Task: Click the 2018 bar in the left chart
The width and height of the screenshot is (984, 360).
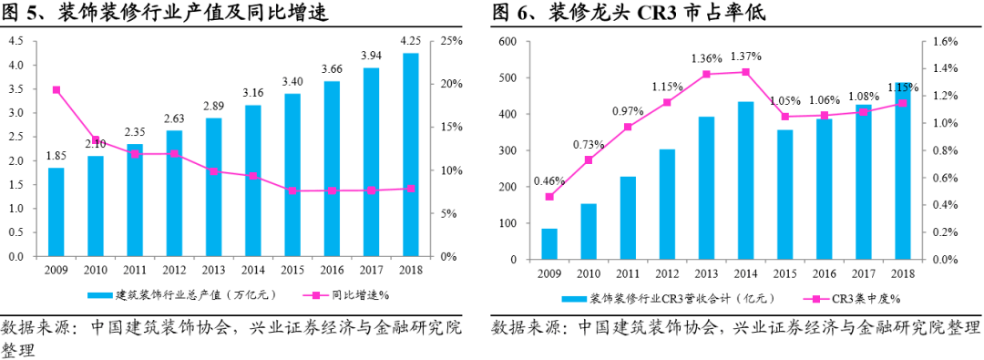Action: [x=410, y=155]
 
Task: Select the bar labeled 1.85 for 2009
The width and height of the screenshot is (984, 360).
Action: [x=56, y=211]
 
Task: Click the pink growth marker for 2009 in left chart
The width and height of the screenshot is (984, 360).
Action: [x=56, y=90]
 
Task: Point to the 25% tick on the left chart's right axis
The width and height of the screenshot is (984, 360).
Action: [x=453, y=42]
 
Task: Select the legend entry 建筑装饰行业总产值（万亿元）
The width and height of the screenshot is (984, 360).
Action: [x=182, y=295]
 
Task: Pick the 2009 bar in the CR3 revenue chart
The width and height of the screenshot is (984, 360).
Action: [x=549, y=244]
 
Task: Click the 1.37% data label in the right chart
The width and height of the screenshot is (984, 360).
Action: [x=745, y=57]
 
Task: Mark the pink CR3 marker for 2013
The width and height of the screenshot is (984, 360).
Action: [x=706, y=74]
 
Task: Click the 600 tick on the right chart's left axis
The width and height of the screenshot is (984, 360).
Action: [x=507, y=42]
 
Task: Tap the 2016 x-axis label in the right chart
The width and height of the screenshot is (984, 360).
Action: [x=824, y=273]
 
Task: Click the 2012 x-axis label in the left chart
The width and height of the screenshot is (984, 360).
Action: [x=174, y=270]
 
